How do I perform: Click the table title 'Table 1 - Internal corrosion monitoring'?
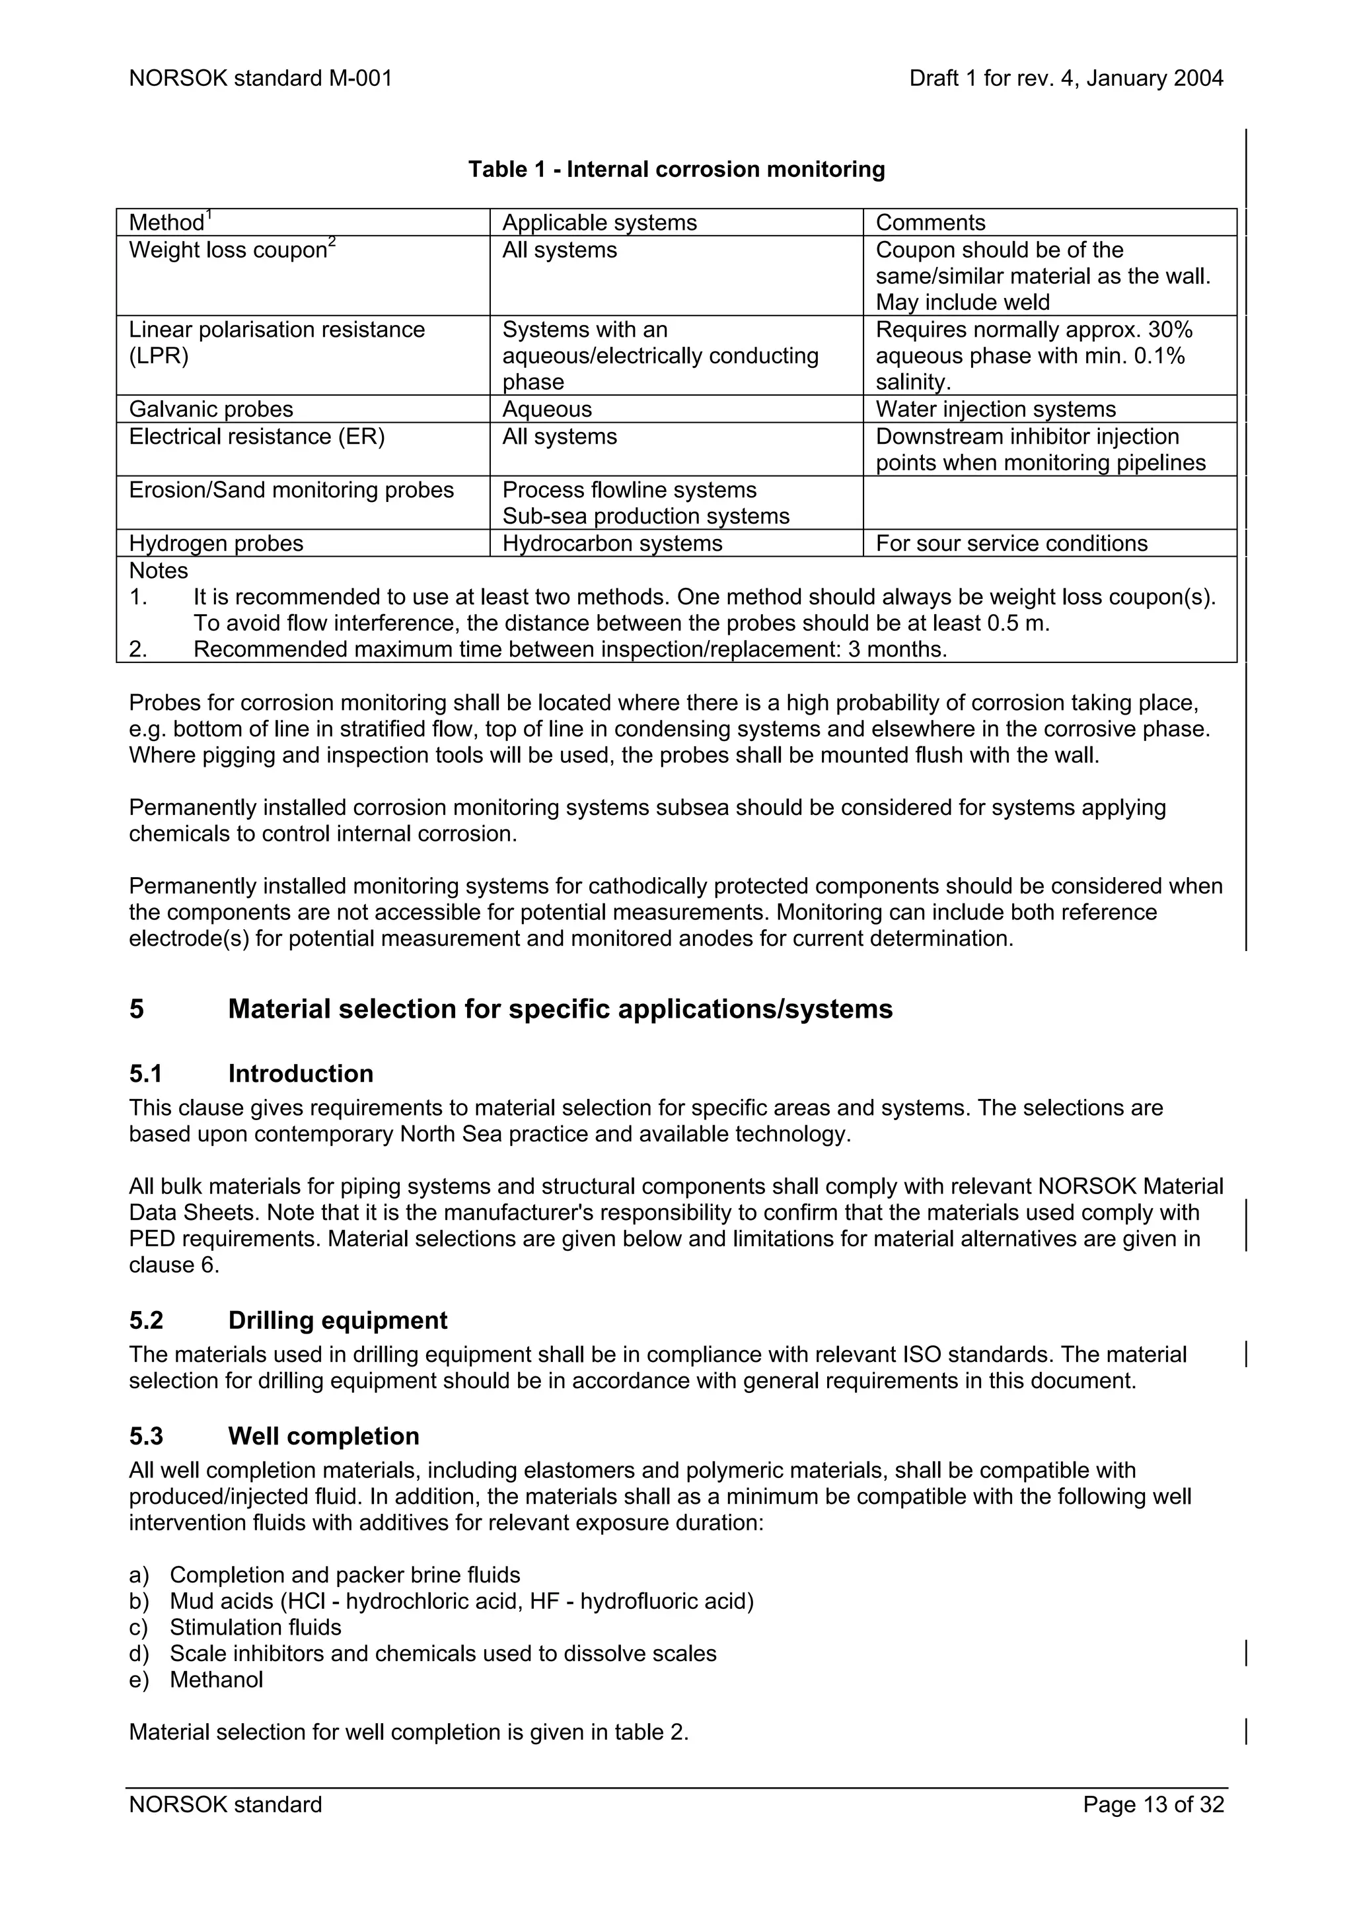pos(676,169)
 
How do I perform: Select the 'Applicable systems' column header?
pos(599,223)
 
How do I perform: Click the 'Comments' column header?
pos(930,223)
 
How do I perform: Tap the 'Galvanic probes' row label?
pos(211,409)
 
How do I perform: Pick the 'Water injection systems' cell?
pos(996,409)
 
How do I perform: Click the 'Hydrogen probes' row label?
pos(216,544)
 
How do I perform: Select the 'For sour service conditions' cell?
pos(1011,544)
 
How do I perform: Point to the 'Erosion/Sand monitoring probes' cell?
pos(291,490)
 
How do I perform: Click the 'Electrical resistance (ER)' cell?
pos(257,437)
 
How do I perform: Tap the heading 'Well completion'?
pos(324,1436)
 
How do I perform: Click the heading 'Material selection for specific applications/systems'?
pos(560,1010)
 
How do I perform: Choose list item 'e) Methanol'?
pos(197,1680)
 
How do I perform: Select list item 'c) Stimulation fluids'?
pos(236,1627)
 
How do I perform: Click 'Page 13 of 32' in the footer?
pos(1153,1805)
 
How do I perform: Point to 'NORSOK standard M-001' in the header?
pos(260,79)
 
